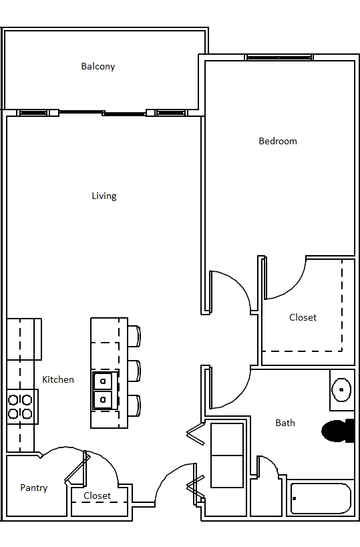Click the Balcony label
pyautogui.click(x=98, y=66)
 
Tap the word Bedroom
pyautogui.click(x=278, y=142)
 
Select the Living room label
pyautogui.click(x=104, y=196)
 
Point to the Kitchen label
pyautogui.click(x=58, y=379)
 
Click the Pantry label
pyautogui.click(x=33, y=488)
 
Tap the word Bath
pyautogui.click(x=285, y=423)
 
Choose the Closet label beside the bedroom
pyautogui.click(x=303, y=317)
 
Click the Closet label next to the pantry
pyautogui.click(x=97, y=496)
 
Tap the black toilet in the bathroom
pyautogui.click(x=338, y=431)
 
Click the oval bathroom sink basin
pyautogui.click(x=341, y=389)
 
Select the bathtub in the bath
pyautogui.click(x=320, y=498)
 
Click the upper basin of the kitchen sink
pyautogui.click(x=103, y=381)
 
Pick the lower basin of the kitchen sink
pyautogui.click(x=103, y=400)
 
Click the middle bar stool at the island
pyautogui.click(x=134, y=371)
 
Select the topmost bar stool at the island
pyautogui.click(x=134, y=337)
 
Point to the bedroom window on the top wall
pyautogui.click(x=279, y=57)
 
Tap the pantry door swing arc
pyautogui.click(x=59, y=448)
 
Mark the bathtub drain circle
pyautogui.click(x=295, y=498)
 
